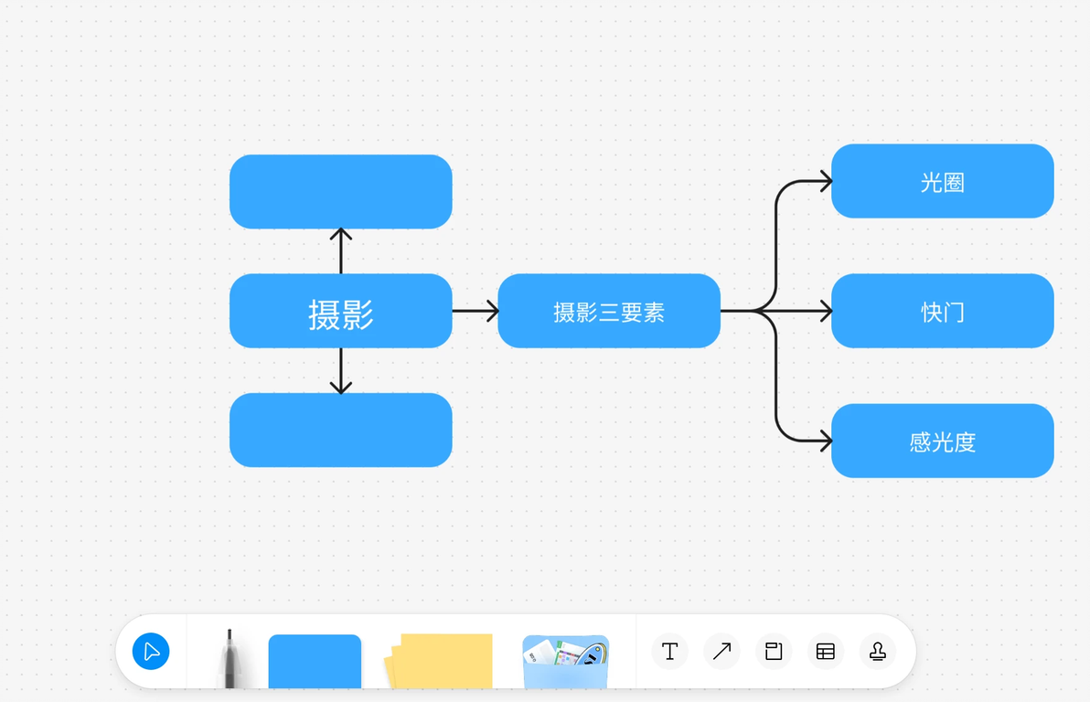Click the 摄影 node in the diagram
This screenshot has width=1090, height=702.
click(340, 312)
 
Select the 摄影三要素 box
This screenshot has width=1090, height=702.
click(609, 312)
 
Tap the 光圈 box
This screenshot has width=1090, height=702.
click(942, 182)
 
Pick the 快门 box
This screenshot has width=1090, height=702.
click(942, 312)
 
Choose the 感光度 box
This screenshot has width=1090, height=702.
click(942, 441)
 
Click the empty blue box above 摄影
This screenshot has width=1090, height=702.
click(340, 192)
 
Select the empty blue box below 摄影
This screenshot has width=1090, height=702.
click(340, 430)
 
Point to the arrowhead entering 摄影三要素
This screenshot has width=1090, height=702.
click(493, 311)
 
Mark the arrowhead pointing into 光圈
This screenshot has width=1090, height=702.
click(826, 181)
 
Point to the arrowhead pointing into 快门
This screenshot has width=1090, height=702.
click(826, 312)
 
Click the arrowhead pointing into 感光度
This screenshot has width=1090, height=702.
click(826, 441)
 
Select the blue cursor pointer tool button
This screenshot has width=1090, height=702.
click(151, 652)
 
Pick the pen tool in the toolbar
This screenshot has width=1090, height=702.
click(230, 658)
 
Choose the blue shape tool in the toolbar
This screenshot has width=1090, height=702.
click(315, 661)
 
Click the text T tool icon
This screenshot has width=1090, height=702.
click(669, 652)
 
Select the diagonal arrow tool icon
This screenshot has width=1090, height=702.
click(721, 652)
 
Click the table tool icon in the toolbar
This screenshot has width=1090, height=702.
click(826, 652)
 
